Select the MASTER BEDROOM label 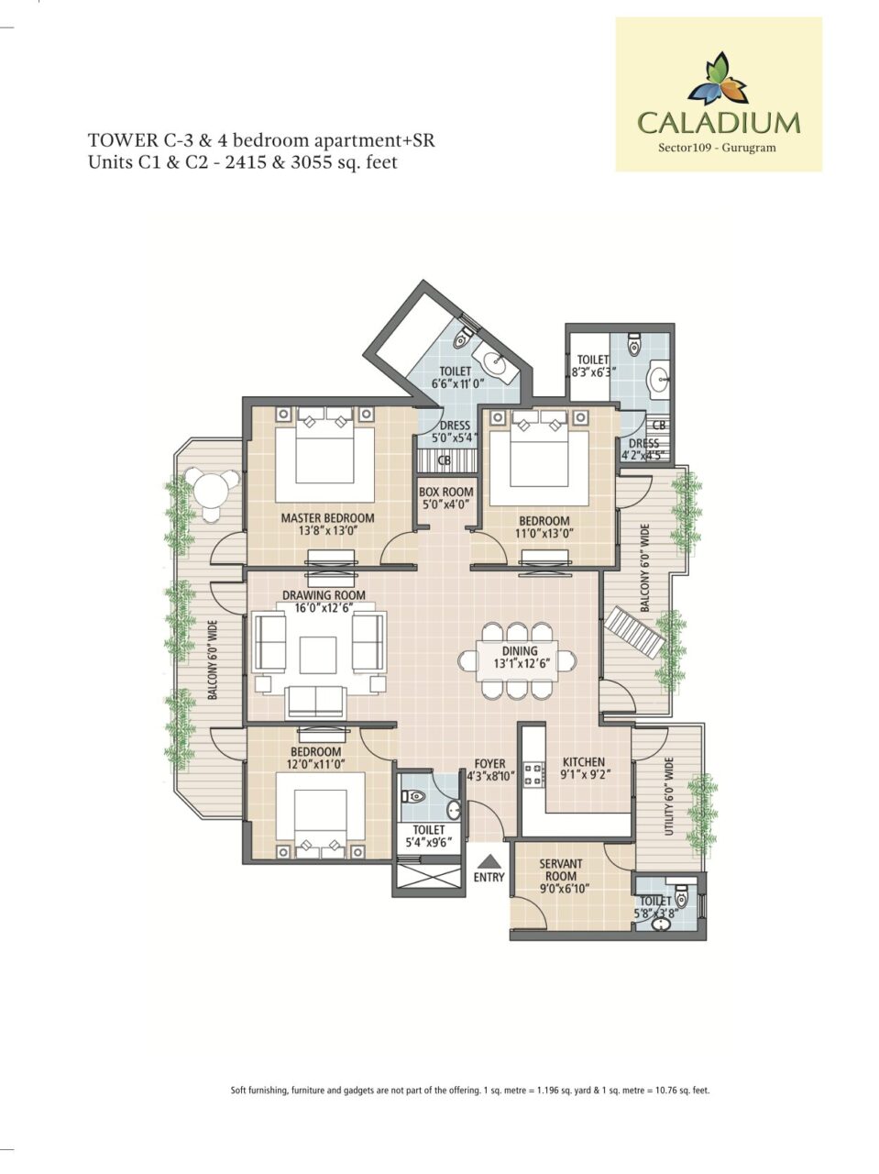tap(327, 517)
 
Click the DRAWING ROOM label tap(324, 594)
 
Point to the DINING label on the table tap(520, 651)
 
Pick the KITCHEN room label tap(584, 761)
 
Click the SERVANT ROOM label tap(561, 869)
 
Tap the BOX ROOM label tap(446, 492)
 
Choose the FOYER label tap(489, 764)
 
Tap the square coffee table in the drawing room tap(318, 655)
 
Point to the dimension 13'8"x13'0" tap(327, 530)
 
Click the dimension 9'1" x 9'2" tap(584, 774)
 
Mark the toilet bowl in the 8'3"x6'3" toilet tap(633, 346)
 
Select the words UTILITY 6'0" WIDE tap(669, 797)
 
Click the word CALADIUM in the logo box tap(719, 123)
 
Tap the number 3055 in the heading tap(313, 161)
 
